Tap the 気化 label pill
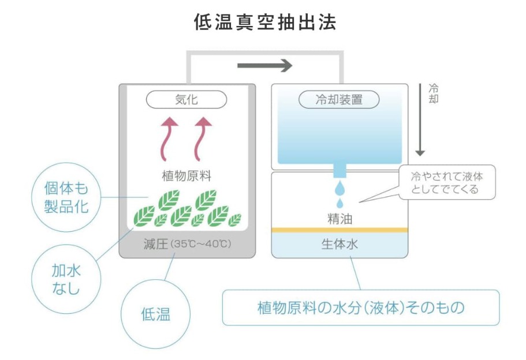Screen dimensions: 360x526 point(186,100)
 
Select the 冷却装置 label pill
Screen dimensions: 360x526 point(339,100)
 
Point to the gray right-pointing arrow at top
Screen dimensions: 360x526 point(265,66)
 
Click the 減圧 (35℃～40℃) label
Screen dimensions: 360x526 point(186,244)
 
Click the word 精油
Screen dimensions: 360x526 point(340,219)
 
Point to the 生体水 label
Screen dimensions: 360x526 point(340,244)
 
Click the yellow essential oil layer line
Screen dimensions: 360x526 point(340,230)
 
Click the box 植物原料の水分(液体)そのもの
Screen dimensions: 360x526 point(360,307)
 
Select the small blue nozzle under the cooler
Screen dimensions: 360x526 point(340,170)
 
